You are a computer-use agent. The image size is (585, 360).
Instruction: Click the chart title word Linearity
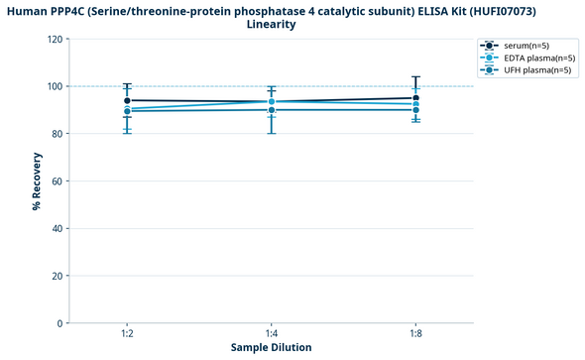(x=271, y=25)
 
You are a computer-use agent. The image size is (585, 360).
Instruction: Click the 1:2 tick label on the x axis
(x=127, y=334)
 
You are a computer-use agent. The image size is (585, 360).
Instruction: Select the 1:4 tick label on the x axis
(x=272, y=334)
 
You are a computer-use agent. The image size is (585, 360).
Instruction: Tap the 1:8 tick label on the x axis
(x=415, y=334)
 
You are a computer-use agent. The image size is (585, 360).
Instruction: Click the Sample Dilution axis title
(x=271, y=348)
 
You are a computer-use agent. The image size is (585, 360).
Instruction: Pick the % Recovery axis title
(x=37, y=180)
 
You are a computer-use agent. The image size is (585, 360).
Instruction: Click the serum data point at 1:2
(x=127, y=101)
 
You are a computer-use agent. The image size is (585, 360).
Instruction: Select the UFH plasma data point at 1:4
(x=272, y=110)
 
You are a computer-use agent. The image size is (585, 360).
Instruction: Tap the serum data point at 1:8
(x=415, y=98)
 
